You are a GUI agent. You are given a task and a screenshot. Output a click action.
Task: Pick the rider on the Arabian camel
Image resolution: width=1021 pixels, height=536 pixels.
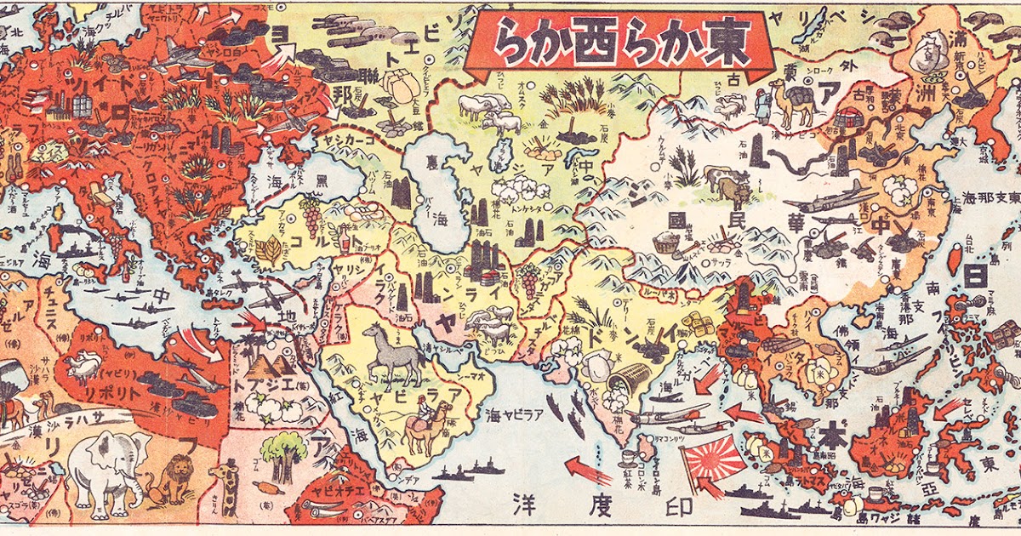tap(423, 409)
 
